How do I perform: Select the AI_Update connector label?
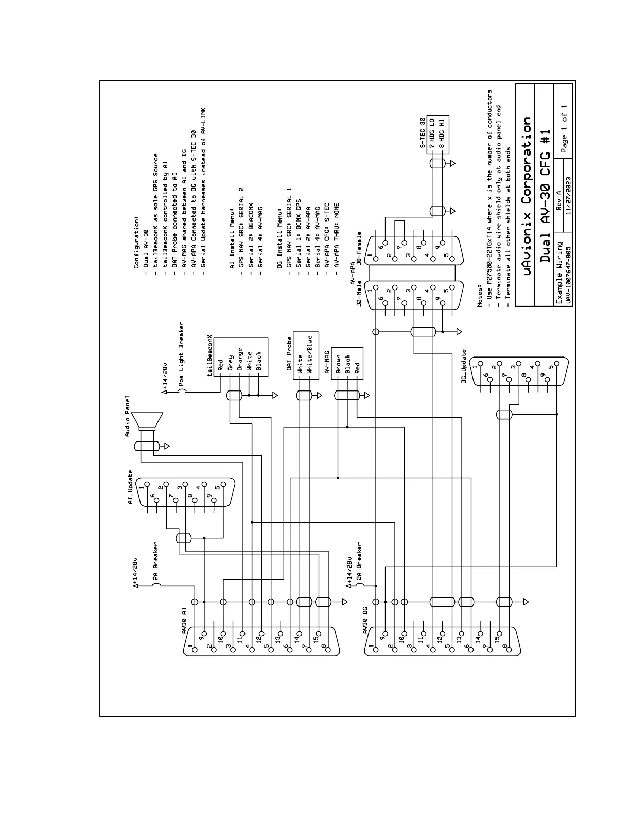point(131,487)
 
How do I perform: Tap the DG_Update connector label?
point(464,366)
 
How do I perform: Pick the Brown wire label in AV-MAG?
point(338,364)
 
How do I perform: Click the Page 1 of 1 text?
point(564,129)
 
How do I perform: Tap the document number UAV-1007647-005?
point(568,276)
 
